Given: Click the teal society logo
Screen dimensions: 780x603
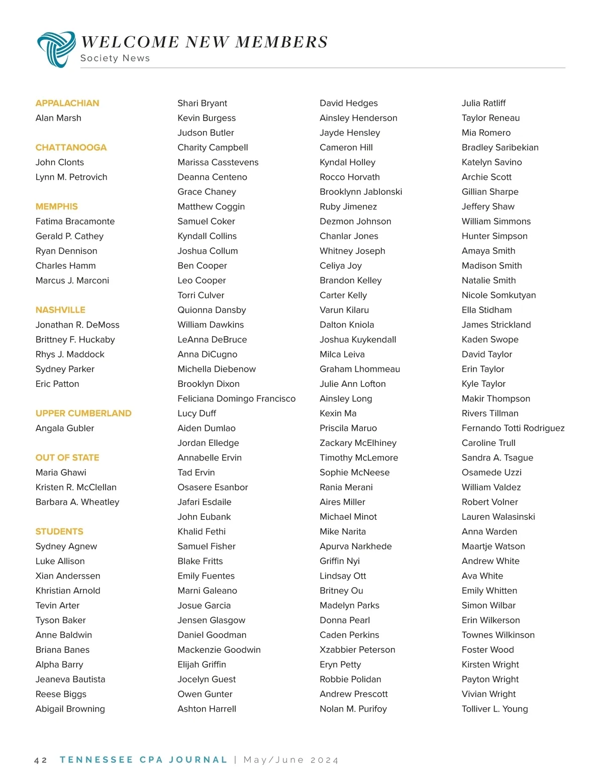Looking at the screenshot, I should coord(56,49).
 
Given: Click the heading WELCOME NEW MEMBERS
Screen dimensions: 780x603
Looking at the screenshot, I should coord(204,42).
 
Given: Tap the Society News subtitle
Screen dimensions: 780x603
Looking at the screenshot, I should coord(115,58).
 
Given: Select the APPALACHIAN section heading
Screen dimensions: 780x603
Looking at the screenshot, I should coord(67,103).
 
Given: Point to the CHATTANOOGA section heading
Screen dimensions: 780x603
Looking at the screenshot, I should coord(71,147).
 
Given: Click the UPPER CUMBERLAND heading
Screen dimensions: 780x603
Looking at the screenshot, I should coord(83,413).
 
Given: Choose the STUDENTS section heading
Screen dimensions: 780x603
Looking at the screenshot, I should coord(59,531).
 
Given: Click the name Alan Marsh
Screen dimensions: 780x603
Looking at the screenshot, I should coord(58,118).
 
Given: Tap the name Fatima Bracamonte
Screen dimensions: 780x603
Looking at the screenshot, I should coord(75,221).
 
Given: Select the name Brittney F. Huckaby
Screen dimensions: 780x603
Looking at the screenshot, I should coord(75,340).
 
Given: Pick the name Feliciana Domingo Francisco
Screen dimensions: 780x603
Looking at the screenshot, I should coord(236,399).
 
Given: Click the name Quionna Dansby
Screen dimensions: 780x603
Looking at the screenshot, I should coord(212,310).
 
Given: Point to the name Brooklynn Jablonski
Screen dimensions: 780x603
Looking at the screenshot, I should coord(361,192).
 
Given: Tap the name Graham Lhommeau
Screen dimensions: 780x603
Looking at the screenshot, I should coord(360,369).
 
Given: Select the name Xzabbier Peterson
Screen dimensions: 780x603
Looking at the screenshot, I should coord(357,650).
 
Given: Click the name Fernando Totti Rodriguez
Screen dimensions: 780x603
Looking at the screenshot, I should coord(513,428).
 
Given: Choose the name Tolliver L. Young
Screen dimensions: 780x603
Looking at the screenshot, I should coord(494,709).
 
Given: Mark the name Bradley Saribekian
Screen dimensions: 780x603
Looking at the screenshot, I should coord(500,148).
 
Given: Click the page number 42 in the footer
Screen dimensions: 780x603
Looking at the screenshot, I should coord(41,760).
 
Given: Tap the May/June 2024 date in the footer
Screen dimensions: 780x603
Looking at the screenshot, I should coord(291,760).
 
